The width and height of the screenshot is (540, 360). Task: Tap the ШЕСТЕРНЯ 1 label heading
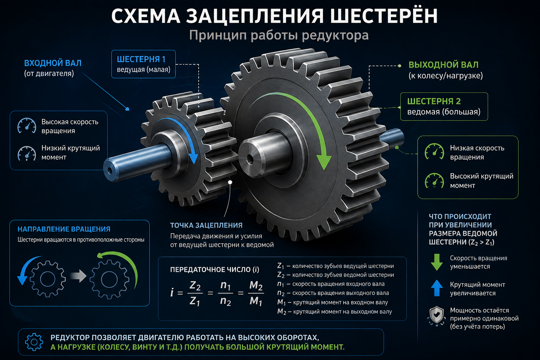(141, 59)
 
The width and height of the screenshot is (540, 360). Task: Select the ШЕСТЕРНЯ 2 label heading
(434, 101)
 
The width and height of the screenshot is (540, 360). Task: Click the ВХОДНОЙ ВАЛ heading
(53, 63)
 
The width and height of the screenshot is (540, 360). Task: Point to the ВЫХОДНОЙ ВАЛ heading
(444, 65)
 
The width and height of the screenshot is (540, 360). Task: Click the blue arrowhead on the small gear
(193, 158)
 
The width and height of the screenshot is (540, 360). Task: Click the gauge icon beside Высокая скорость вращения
(27, 126)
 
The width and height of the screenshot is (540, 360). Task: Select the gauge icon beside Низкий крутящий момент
(27, 153)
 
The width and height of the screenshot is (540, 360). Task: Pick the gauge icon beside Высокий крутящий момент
(434, 181)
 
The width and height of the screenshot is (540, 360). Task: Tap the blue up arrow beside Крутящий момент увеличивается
(437, 288)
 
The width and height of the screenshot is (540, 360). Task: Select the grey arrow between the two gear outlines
(78, 276)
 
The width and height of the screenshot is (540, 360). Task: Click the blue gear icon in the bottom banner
(34, 342)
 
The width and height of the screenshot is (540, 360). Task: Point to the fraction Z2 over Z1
(195, 293)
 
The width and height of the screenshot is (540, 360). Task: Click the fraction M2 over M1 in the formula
(256, 293)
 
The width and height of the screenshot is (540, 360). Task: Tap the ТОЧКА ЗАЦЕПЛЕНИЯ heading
(206, 225)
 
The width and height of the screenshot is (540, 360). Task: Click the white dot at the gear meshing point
(230, 182)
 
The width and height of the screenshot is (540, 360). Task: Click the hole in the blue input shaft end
(110, 170)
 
